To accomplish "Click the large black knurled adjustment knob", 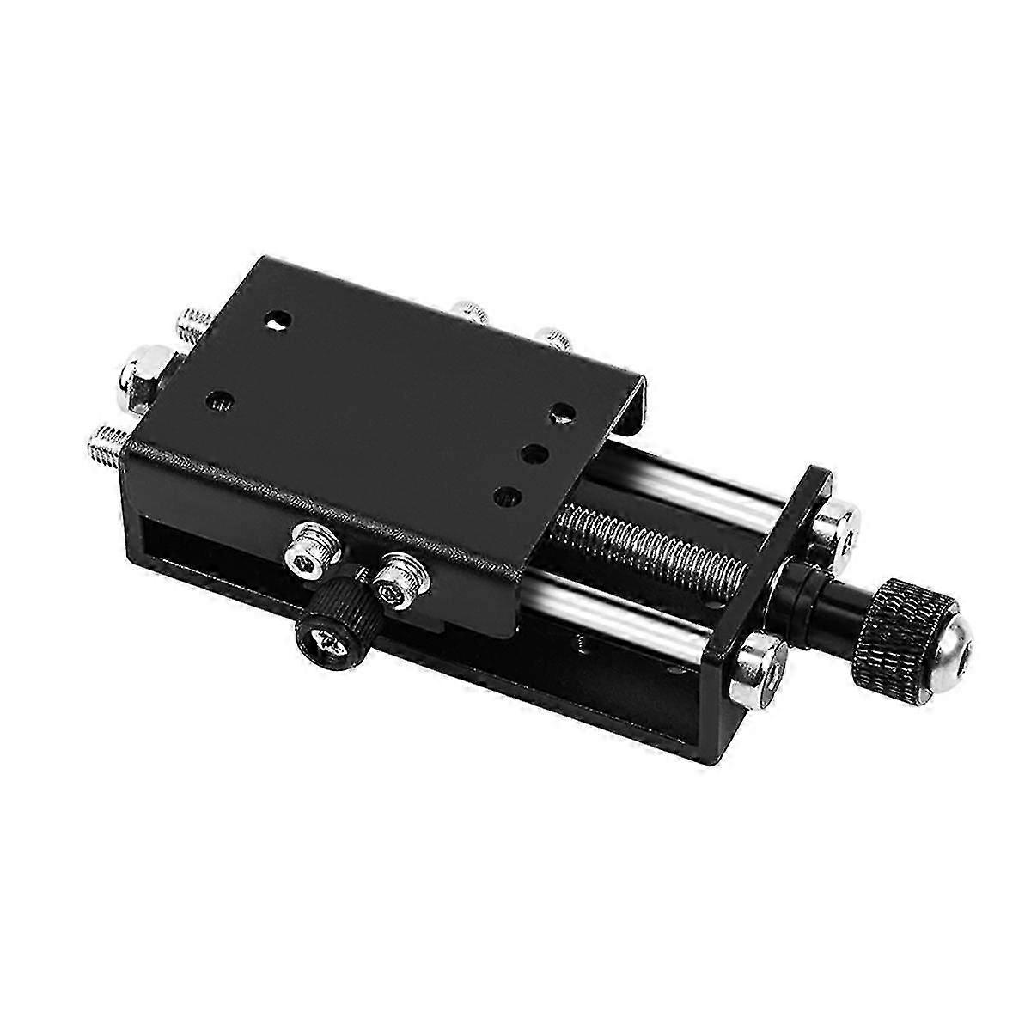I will coord(901,619).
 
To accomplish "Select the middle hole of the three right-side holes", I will coord(534,453).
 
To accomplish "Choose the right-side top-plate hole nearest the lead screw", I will coord(509,496).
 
